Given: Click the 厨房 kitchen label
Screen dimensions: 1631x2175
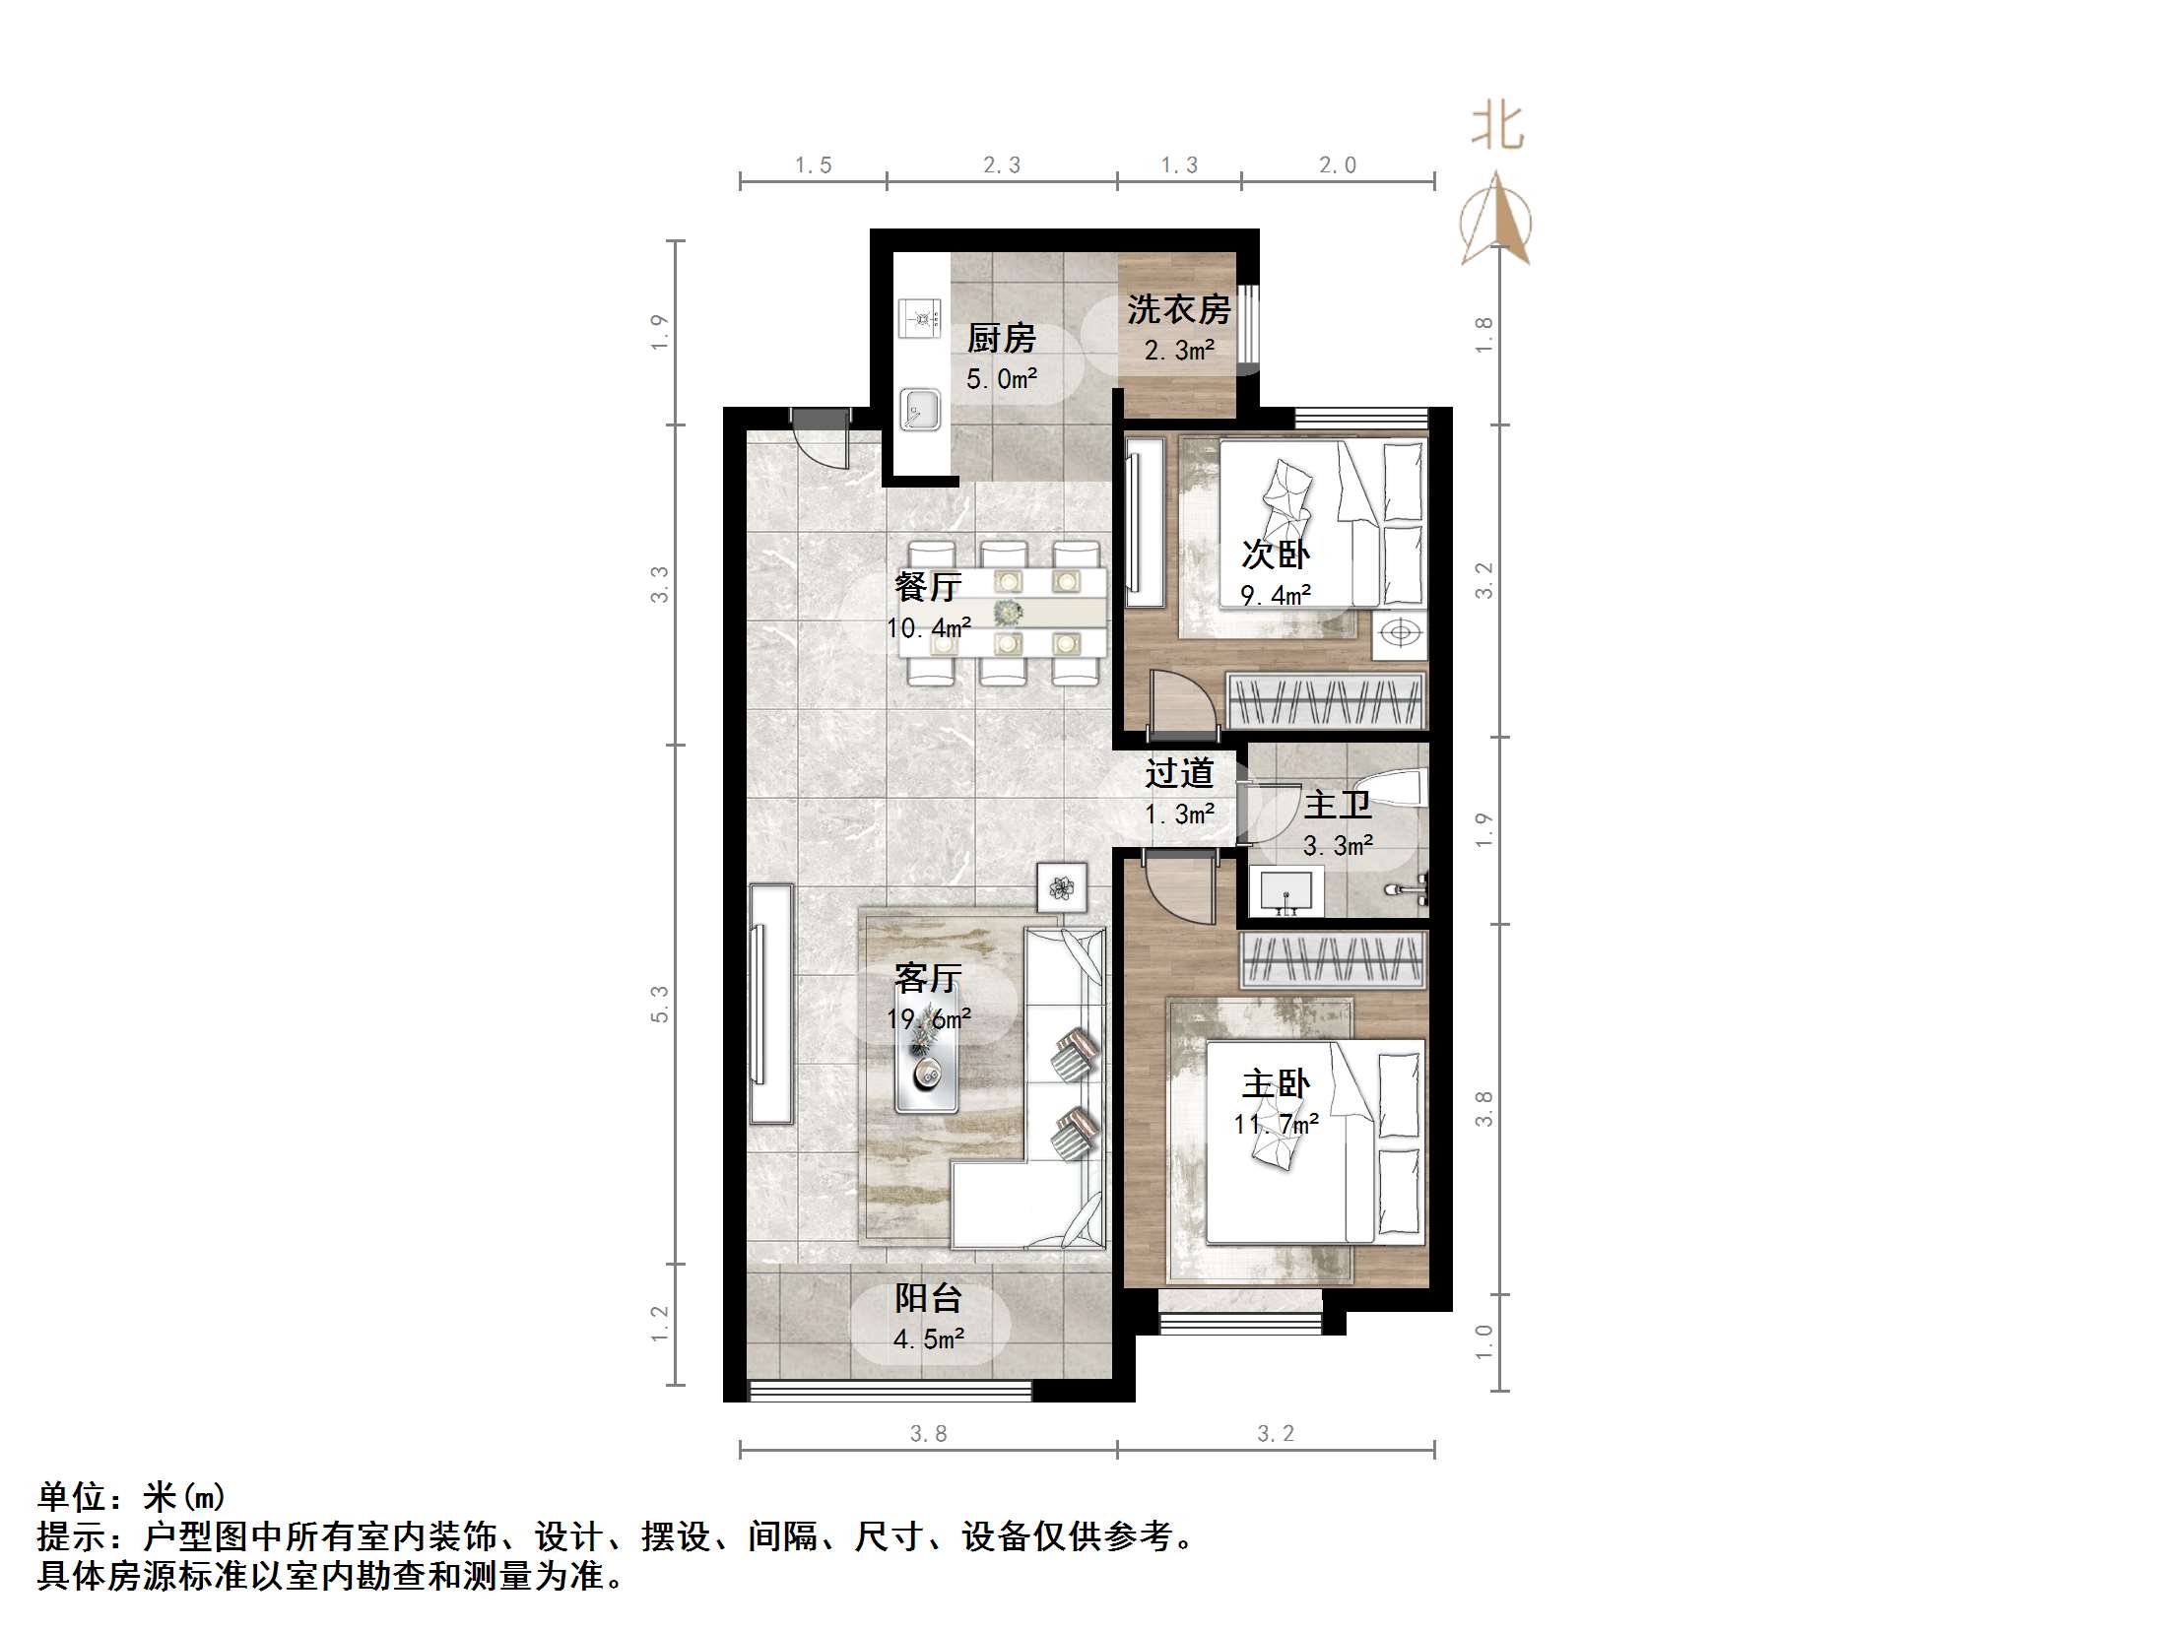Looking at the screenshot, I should click(x=1001, y=338).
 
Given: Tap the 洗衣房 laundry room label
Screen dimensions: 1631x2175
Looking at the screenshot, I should click(x=1178, y=309).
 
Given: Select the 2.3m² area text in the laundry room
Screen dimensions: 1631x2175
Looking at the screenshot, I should click(x=1178, y=350).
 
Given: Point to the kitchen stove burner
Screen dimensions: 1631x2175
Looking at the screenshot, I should click(x=232, y=319).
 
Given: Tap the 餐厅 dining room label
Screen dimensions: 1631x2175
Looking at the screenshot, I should click(x=927, y=587).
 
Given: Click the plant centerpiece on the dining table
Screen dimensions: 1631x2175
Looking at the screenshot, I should click(x=1007, y=612).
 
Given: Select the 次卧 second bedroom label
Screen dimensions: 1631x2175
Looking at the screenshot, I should click(x=1275, y=555).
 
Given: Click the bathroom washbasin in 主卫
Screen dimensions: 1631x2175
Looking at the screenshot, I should click(x=1285, y=892).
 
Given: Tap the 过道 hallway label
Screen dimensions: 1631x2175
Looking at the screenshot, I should click(x=1178, y=773).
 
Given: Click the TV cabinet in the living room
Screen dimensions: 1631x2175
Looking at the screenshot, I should click(x=770, y=1004).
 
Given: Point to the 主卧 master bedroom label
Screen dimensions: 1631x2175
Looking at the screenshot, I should click(x=1275, y=1084).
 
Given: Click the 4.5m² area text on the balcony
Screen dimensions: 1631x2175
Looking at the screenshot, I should click(x=928, y=1339).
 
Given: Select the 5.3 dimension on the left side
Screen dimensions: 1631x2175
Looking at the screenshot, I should click(x=659, y=1004).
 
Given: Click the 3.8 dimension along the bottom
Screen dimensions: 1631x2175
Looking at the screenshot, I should click(x=928, y=1434).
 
